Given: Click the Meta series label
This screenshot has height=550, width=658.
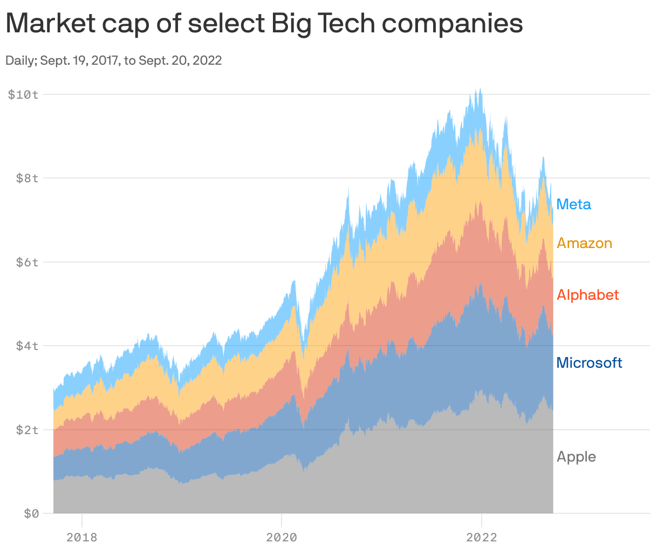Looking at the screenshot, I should tap(573, 204).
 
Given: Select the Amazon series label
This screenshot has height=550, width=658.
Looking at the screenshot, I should tap(584, 243).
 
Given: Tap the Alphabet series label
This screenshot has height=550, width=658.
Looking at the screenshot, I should tap(587, 295).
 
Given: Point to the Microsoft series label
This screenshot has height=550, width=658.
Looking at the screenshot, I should tap(589, 363).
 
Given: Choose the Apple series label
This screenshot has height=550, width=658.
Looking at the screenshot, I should tap(576, 457).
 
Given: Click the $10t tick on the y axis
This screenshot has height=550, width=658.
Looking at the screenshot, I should tap(23, 95).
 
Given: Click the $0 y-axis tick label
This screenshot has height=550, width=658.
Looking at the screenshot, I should tap(31, 514).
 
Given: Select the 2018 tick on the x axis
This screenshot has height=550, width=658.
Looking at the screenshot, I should tap(81, 537).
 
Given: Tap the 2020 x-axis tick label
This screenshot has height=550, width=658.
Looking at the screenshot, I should tap(282, 537).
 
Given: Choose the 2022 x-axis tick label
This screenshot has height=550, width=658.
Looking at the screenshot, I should tap(481, 537).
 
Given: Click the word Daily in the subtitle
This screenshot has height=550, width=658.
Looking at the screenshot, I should tap(19, 60).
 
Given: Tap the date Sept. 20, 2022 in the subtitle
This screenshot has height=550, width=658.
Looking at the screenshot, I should tap(180, 60).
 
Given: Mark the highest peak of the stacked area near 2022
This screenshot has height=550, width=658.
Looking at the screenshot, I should tap(480, 89).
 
